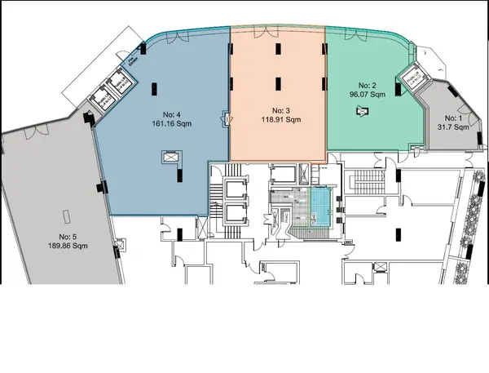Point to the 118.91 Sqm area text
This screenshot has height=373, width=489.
click(277, 121)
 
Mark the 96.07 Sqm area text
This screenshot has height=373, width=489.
click(366, 94)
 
